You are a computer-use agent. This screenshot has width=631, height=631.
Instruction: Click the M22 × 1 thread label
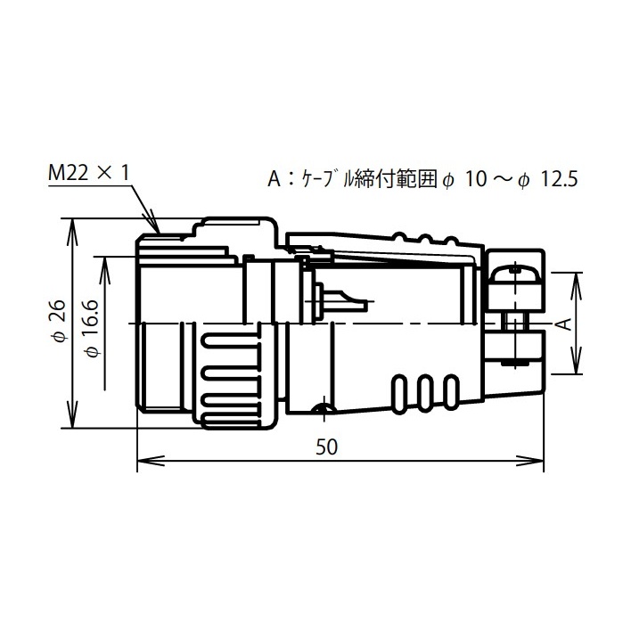click(x=88, y=174)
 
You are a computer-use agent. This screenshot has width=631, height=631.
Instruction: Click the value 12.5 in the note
click(x=560, y=179)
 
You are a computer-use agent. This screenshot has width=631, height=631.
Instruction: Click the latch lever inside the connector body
click(x=343, y=298)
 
